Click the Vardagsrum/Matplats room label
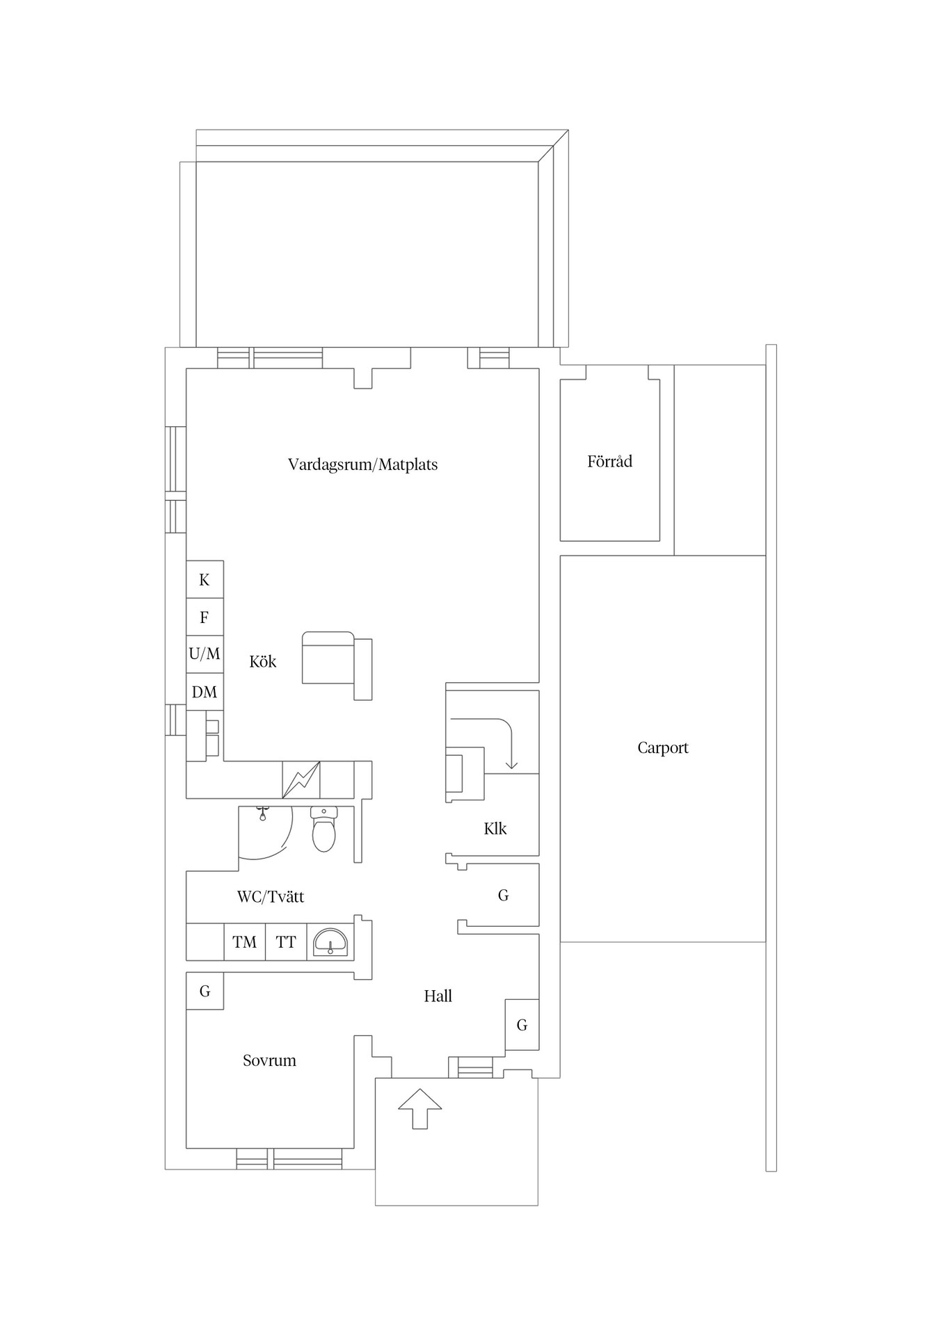(362, 464)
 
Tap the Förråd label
(609, 462)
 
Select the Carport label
(663, 748)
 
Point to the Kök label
(263, 661)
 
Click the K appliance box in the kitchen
(205, 579)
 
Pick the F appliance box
(205, 617)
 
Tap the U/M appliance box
(205, 654)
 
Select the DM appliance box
(205, 692)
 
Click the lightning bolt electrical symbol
(301, 779)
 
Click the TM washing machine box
(244, 942)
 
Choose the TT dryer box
(286, 942)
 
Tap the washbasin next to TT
(330, 942)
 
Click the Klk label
(495, 829)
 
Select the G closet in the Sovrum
(205, 991)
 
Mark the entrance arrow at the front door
(420, 1108)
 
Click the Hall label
(438, 996)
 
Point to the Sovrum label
(269, 1060)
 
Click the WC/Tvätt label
(271, 897)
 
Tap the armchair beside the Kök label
(337, 665)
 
